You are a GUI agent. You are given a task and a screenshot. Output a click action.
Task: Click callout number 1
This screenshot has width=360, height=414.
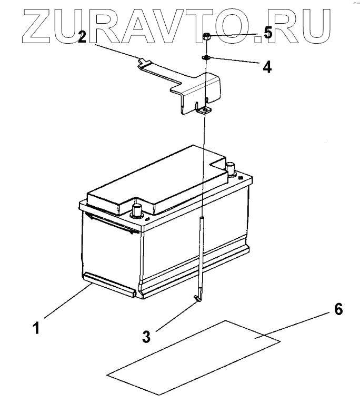[36, 329]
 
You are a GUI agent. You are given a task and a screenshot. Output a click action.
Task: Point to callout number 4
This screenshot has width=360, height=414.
[267, 67]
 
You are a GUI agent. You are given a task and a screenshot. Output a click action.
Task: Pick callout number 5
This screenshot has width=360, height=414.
[268, 33]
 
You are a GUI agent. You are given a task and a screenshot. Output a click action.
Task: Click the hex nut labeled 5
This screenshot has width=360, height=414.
[207, 37]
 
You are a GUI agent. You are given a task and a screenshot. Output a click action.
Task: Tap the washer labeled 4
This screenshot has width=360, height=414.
[206, 57]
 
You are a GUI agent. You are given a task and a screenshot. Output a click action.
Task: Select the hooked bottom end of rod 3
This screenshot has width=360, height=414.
[197, 299]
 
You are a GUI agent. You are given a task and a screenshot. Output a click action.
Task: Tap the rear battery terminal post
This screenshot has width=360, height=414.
[230, 168]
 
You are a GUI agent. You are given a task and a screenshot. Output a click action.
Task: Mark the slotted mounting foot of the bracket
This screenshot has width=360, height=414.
[204, 110]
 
